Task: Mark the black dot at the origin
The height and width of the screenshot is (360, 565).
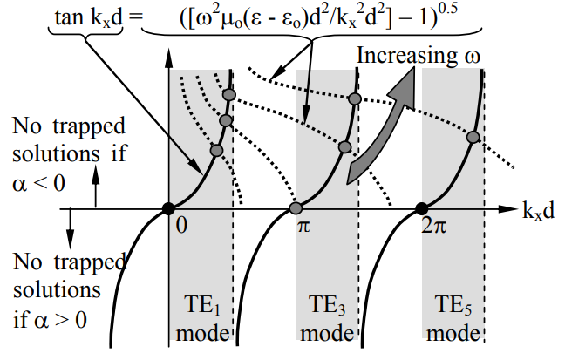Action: coord(167,208)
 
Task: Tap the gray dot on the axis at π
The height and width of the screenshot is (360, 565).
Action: coord(296,208)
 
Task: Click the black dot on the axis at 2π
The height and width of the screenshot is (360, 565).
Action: coord(422,208)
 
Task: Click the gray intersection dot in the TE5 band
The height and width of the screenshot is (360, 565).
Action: coord(473,137)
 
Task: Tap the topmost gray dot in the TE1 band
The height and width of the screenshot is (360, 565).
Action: coord(229,94)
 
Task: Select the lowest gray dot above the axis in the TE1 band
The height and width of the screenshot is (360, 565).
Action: coord(217,151)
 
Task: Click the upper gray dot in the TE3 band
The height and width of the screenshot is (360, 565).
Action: coord(354,98)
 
